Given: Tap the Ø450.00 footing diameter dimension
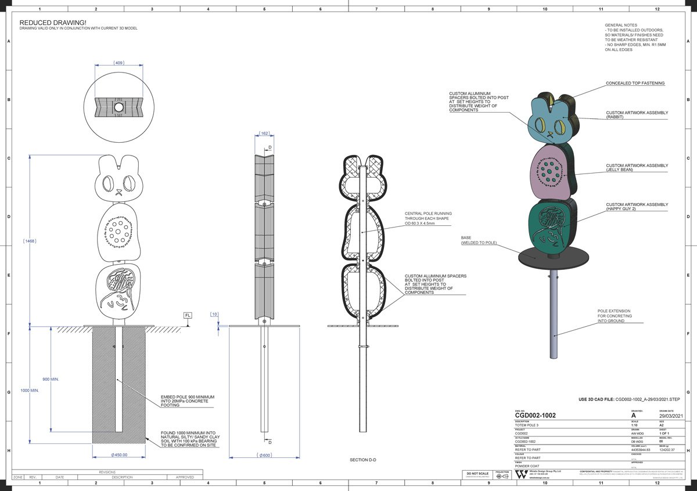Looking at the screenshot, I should coord(118,455).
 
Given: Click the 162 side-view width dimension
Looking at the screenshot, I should coord(264,133).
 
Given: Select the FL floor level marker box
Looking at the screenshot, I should coord(188,315).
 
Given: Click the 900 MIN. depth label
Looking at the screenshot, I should coord(51,379).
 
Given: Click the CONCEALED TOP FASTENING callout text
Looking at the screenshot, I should coord(635,83).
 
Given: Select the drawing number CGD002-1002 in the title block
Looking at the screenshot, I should coord(535,416).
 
